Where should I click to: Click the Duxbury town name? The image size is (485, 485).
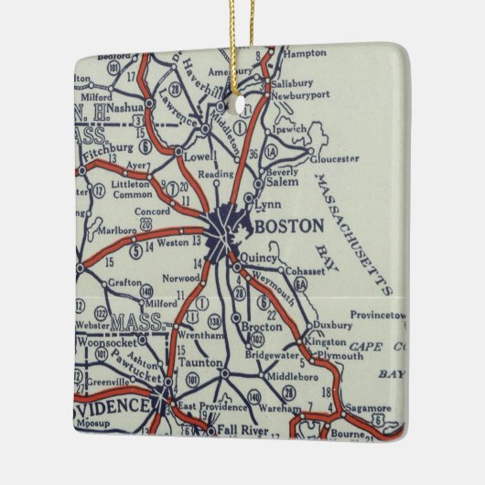coord(332,324)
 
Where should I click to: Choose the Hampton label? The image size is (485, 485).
coord(303,54)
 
